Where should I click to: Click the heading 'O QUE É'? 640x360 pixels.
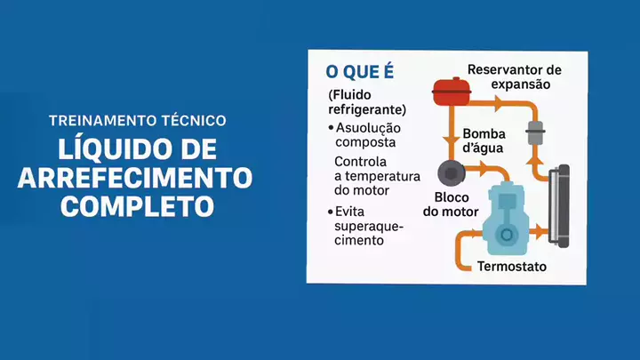[x=360, y=71]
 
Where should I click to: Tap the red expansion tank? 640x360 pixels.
[x=452, y=92]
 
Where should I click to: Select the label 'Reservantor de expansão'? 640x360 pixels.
[x=515, y=76]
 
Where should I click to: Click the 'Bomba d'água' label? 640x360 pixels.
[x=484, y=140]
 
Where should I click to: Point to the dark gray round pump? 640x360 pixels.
[x=452, y=173]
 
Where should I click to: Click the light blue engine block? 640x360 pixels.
[x=506, y=220]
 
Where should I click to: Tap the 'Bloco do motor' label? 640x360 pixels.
[x=451, y=204]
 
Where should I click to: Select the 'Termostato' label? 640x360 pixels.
[x=512, y=267]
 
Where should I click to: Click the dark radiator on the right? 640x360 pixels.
[x=559, y=206]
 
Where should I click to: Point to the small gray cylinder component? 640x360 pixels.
[x=535, y=132]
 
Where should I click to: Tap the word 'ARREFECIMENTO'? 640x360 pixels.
[x=135, y=178]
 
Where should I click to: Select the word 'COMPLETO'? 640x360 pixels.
[x=137, y=206]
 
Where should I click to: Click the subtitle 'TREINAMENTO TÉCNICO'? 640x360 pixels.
[x=138, y=121]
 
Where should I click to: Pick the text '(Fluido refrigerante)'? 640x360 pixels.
[x=367, y=102]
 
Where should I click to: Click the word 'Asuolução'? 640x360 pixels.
[x=368, y=128]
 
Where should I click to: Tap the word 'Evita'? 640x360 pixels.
[x=349, y=212]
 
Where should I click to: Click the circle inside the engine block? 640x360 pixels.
[x=507, y=235]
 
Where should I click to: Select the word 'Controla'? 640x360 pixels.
[x=360, y=162]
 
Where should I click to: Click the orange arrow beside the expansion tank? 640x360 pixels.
[x=499, y=103]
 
